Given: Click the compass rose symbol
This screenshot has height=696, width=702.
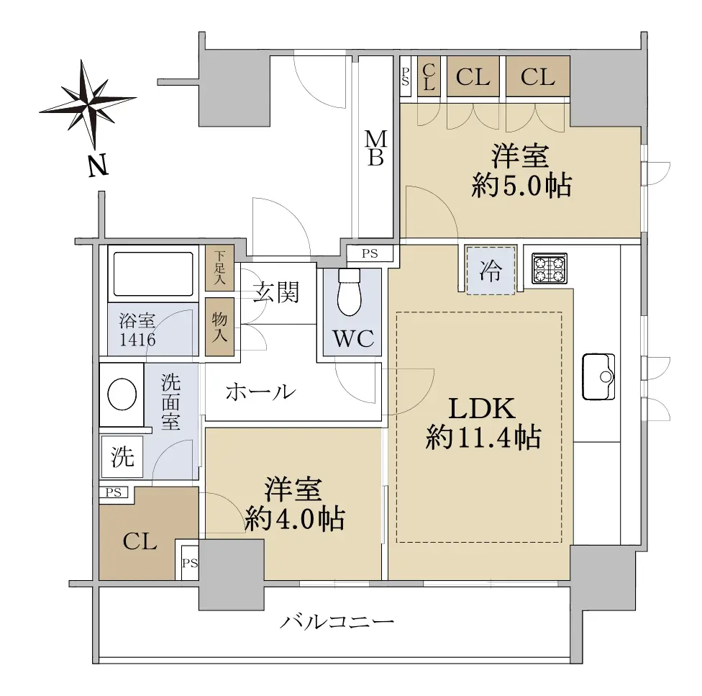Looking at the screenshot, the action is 88,104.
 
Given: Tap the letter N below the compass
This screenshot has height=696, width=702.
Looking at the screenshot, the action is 98,166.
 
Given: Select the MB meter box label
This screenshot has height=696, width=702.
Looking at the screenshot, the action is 375,148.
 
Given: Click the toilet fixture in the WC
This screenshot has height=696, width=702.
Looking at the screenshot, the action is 350,291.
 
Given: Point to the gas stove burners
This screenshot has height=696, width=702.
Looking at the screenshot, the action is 550,268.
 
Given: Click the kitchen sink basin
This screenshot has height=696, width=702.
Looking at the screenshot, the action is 598,376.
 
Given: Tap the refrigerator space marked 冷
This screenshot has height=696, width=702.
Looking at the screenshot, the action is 491,270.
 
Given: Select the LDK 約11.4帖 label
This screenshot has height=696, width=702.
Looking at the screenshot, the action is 483,422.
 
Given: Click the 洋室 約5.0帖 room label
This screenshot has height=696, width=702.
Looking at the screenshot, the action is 521,171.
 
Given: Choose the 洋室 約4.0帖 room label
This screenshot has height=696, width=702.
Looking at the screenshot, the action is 295,505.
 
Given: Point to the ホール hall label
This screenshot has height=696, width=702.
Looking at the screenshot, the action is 260,392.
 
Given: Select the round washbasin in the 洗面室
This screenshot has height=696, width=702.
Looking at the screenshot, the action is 122,394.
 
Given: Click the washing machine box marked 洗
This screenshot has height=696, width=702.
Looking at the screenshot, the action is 122,457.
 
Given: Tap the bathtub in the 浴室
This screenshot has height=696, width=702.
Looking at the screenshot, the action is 154,274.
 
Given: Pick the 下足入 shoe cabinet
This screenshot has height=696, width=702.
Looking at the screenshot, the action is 219,267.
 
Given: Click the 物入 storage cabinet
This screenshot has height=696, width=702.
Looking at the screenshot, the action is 219,327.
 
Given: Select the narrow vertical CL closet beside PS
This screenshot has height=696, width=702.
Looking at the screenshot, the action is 429,76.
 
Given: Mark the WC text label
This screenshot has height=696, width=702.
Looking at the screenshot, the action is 353,338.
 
